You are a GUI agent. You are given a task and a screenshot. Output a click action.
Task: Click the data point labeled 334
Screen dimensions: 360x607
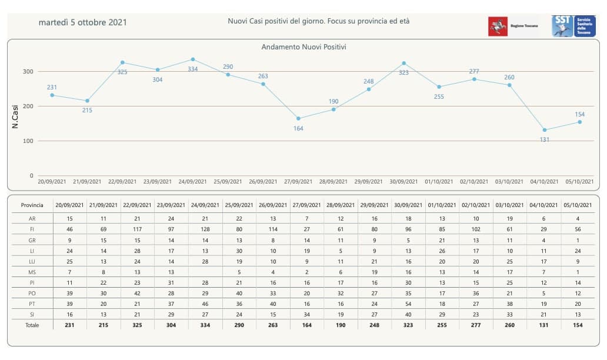tap(193, 59)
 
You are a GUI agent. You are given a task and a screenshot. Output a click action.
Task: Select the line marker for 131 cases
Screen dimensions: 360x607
tap(545, 130)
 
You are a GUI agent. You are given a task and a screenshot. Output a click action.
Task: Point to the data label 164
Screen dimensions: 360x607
tap(298, 128)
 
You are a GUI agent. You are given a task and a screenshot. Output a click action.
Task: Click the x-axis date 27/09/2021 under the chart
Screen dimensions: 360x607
tap(298, 182)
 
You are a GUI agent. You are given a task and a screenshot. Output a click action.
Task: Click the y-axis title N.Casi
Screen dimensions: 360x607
tap(16, 117)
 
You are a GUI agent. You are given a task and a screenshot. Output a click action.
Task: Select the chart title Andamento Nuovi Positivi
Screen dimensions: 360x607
tap(303, 46)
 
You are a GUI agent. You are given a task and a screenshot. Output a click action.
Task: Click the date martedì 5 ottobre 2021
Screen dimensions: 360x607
tap(82, 22)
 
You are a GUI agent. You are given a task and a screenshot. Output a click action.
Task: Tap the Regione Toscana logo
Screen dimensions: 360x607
tap(505, 26)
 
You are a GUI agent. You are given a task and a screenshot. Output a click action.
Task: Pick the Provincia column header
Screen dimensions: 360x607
tap(32, 205)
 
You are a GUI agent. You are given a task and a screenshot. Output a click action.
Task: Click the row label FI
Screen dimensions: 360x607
tap(32, 229)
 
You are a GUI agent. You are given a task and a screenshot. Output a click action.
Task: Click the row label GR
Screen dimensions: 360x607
tap(32, 240)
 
